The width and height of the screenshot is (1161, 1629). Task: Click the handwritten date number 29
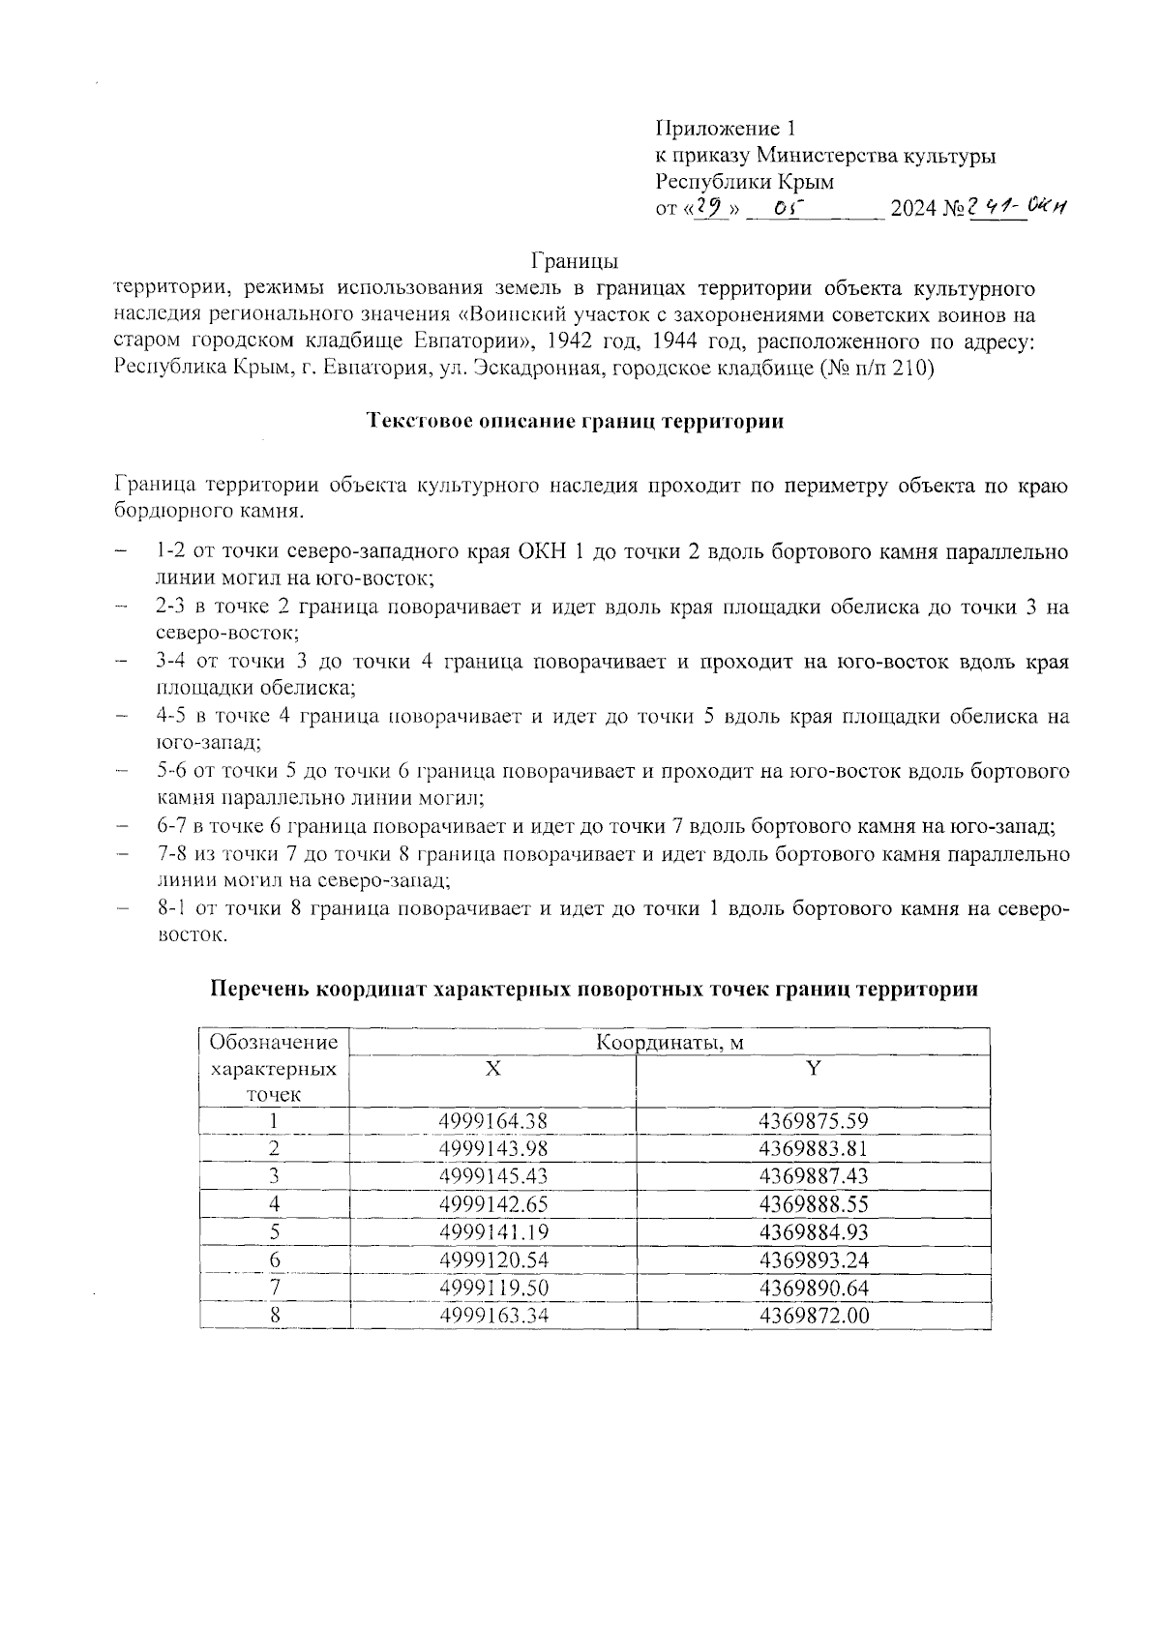[x=713, y=207]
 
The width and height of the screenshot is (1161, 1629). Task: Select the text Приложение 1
[x=725, y=129]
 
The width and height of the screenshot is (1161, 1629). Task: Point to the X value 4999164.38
[x=492, y=1121]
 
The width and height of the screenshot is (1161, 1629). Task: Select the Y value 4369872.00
[x=814, y=1316]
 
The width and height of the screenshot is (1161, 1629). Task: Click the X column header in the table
[x=492, y=1069]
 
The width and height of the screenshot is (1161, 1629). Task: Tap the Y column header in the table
[x=814, y=1068]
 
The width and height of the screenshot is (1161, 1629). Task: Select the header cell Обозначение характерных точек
[x=274, y=1068]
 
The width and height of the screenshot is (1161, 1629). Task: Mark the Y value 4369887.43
[x=814, y=1176]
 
